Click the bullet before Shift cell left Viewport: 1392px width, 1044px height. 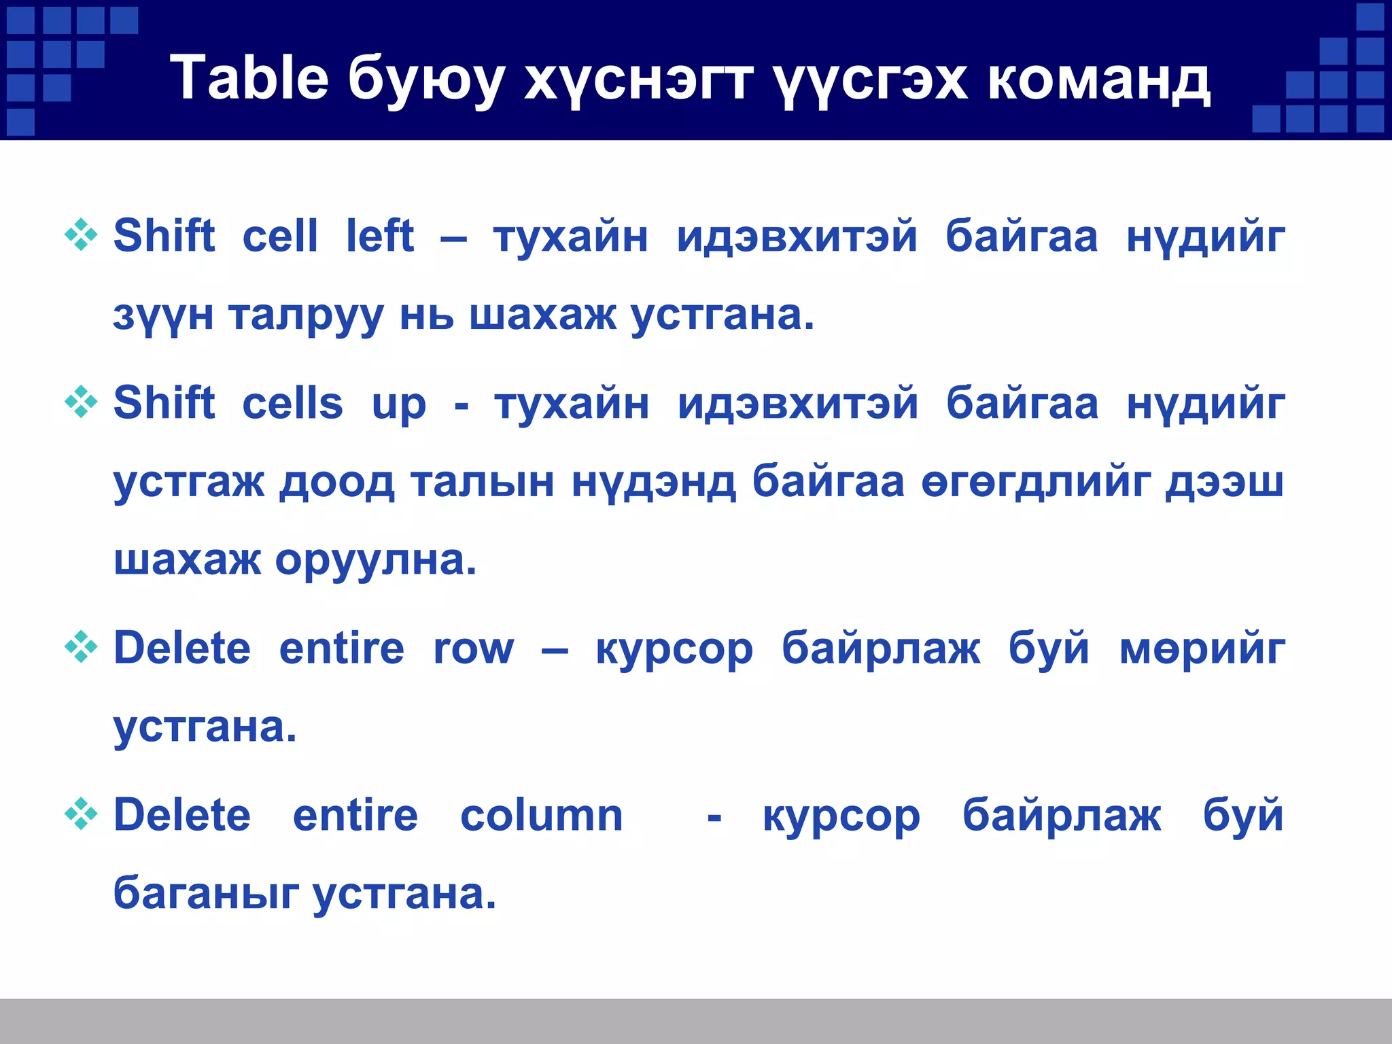pos(81,235)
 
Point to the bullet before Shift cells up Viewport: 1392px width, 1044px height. pos(81,402)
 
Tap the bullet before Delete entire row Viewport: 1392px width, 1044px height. pos(81,647)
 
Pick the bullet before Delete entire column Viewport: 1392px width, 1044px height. pos(81,814)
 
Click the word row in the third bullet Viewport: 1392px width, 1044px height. pos(474,648)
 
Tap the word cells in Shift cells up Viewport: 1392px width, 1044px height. pos(293,402)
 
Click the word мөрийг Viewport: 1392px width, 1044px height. pos(1202,650)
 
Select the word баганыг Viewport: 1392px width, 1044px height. pos(206,893)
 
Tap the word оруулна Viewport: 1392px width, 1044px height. pos(376,561)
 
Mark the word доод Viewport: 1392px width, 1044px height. pos(336,483)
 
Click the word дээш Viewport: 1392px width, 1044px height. pos(1224,483)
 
